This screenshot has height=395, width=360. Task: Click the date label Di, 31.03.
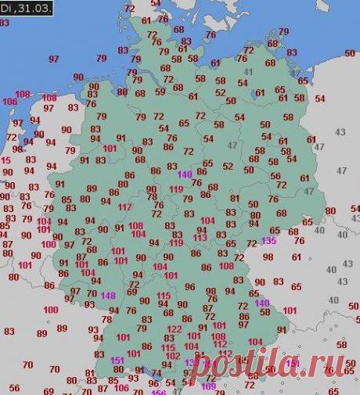26,8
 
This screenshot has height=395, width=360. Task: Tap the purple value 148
108,295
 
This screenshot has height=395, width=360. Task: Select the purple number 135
268,240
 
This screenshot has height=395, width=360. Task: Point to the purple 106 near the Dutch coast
9,102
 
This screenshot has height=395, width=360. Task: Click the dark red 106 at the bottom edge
121,388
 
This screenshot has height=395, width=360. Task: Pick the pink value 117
124,207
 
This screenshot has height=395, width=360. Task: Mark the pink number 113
200,237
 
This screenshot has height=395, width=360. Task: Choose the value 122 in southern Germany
174,329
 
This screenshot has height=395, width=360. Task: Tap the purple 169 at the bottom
209,386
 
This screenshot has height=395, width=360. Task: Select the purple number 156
158,393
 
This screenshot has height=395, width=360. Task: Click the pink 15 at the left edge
5,160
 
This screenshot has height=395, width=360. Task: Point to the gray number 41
250,72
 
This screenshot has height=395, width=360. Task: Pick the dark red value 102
173,356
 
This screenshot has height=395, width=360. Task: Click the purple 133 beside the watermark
192,363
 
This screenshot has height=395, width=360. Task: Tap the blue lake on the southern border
156,375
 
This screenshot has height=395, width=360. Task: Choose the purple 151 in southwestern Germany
118,360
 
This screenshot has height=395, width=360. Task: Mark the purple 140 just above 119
185,174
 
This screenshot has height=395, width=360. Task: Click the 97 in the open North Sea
53,59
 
